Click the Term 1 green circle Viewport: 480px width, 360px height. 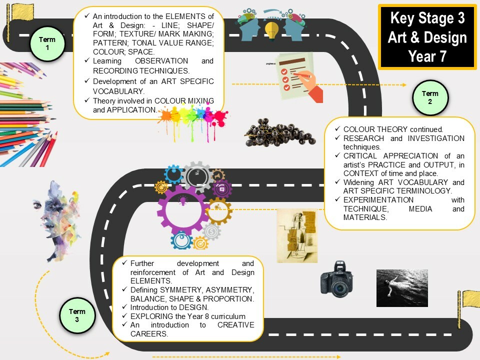click(x=47, y=43)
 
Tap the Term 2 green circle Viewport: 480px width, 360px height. click(x=430, y=97)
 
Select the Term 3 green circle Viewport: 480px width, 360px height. click(x=77, y=315)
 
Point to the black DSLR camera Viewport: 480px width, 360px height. click(x=336, y=279)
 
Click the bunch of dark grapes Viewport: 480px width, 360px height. click(x=279, y=133)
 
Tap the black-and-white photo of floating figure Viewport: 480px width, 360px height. click(x=402, y=288)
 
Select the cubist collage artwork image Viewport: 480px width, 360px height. click(x=297, y=235)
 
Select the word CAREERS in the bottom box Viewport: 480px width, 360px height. click(x=149, y=334)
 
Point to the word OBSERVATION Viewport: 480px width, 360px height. click(x=161, y=61)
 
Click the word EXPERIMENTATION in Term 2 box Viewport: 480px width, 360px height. click(x=378, y=200)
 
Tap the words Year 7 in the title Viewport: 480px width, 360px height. click(x=427, y=56)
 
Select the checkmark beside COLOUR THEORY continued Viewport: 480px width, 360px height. click(x=337, y=129)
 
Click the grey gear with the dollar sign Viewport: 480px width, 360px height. click(x=211, y=231)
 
